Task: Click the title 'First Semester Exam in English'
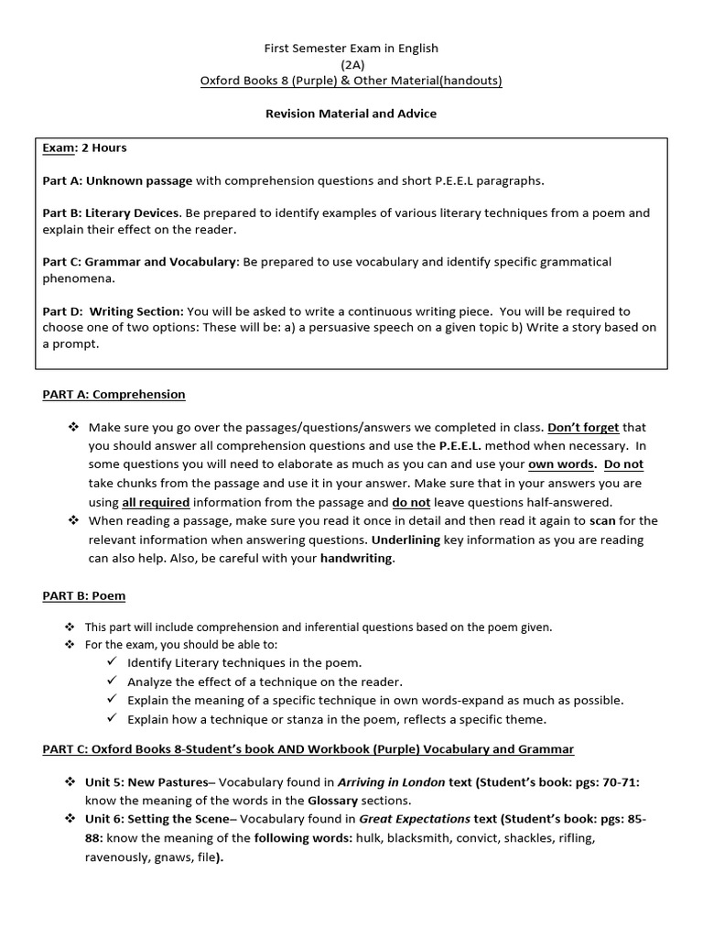click(x=351, y=48)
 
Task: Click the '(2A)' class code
click(x=351, y=64)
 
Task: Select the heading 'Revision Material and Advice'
click(x=351, y=114)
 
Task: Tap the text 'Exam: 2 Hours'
click(x=84, y=147)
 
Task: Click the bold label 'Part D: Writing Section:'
click(x=113, y=311)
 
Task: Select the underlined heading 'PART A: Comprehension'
click(x=114, y=394)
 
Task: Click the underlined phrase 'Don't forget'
click(x=583, y=427)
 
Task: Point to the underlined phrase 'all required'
click(x=156, y=502)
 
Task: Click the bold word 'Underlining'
click(x=406, y=540)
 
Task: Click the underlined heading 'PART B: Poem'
click(x=83, y=595)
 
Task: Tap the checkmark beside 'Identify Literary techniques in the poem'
click(x=112, y=662)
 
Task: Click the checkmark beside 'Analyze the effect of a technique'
click(x=112, y=682)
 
